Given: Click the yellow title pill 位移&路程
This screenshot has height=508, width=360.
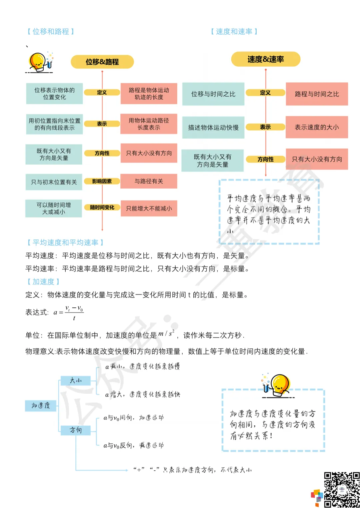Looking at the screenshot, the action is click(x=102, y=62).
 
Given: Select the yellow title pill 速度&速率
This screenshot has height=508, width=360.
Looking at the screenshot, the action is click(x=266, y=59).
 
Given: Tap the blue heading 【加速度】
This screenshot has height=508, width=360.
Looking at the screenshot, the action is click(x=43, y=282).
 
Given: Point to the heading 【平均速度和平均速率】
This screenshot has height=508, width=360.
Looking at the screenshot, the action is click(x=65, y=243).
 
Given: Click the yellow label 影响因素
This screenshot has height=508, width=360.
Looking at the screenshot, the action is click(x=102, y=181).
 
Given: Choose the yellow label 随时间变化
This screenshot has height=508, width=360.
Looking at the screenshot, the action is click(x=102, y=208).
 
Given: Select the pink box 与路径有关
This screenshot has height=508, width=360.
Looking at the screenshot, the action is click(x=149, y=181).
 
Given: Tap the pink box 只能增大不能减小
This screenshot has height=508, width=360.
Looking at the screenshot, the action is click(x=149, y=209).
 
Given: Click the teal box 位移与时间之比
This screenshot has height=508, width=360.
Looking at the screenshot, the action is click(x=213, y=94).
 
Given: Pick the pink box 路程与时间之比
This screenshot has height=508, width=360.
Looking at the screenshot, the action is click(x=317, y=94).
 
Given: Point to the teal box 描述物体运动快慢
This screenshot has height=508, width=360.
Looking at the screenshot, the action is click(x=213, y=127).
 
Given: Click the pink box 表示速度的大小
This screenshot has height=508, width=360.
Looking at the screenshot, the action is click(x=317, y=127).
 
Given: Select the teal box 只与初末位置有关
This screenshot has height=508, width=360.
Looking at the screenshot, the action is click(x=54, y=182).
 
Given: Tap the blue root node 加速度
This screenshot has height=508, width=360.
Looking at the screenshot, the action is click(x=41, y=405).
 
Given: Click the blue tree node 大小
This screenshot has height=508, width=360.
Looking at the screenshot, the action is click(x=76, y=380).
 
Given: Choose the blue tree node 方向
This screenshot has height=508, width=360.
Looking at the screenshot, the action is click(x=76, y=430).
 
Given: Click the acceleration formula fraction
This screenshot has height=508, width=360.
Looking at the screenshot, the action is click(x=74, y=312).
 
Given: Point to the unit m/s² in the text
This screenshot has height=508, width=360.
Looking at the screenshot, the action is click(x=166, y=333).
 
